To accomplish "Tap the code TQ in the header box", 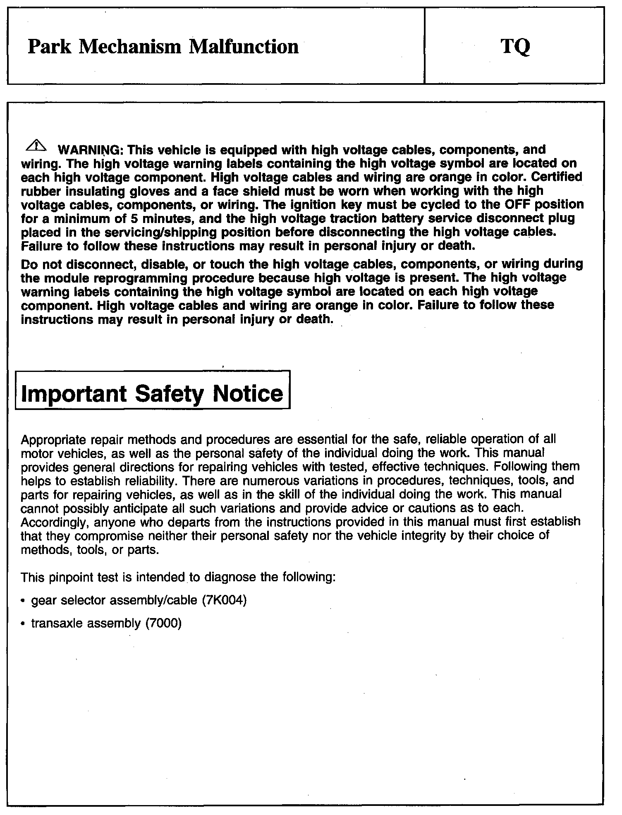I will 515,47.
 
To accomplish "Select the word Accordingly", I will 55,522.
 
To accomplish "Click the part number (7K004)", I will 224,600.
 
